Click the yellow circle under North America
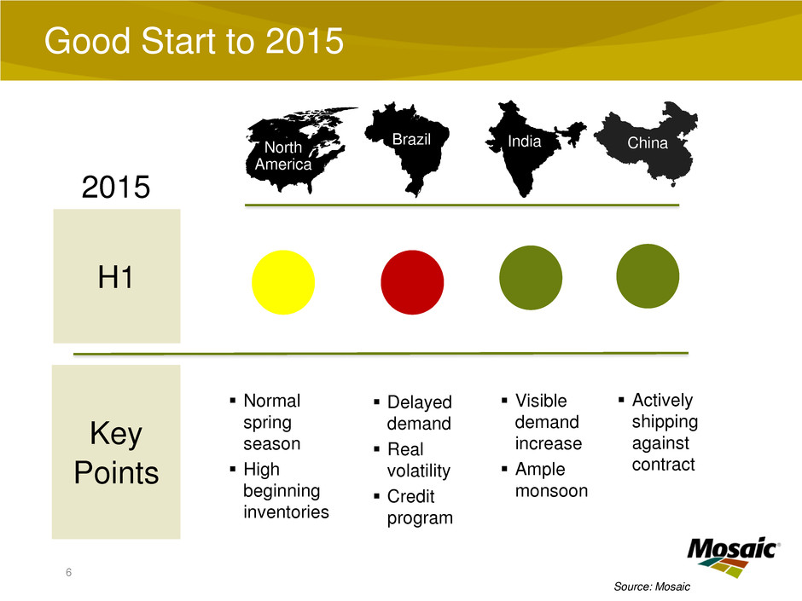point(283,282)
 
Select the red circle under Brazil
point(412,282)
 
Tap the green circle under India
point(531,278)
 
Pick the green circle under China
point(648,276)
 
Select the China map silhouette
point(647,143)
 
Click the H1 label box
point(117,276)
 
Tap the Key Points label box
point(116,452)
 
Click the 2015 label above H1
point(115,187)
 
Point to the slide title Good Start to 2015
point(194,41)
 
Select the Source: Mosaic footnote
point(652,587)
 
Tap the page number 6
point(68,572)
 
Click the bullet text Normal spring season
point(271,422)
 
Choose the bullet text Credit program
point(420,507)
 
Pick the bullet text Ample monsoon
point(551,480)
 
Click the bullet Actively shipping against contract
point(665,432)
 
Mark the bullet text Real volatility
point(419,460)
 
